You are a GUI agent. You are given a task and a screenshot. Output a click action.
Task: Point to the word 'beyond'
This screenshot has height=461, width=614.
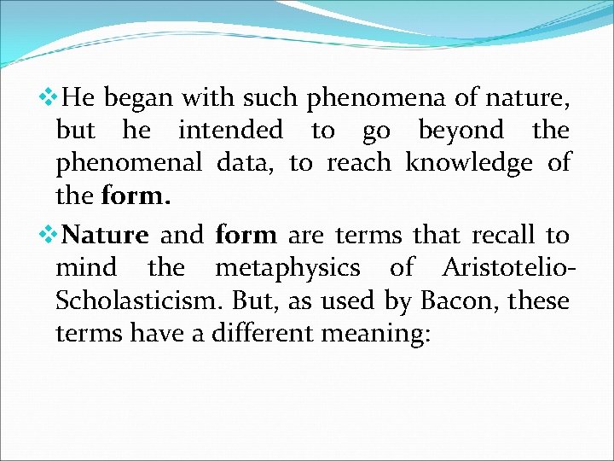point(461,131)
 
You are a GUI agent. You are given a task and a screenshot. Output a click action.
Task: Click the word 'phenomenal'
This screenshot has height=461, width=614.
point(129,163)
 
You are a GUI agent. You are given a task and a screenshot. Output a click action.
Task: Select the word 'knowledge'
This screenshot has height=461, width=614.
point(468,163)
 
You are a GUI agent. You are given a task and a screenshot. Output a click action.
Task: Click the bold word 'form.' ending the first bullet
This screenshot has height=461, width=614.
point(136,196)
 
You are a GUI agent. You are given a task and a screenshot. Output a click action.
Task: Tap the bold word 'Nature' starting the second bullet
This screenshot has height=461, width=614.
point(106,235)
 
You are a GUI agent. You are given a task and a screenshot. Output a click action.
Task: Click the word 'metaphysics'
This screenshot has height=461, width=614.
point(287,268)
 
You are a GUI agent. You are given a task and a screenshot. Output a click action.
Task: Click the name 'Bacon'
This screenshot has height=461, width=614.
point(453,301)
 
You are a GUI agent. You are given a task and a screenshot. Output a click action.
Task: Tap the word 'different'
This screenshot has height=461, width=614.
point(271,333)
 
